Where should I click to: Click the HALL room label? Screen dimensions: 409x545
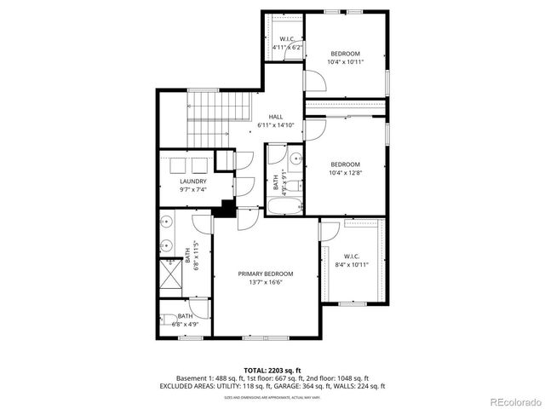[276, 117]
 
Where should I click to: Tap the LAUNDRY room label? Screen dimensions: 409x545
[192, 181]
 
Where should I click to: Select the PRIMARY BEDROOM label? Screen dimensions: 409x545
[266, 274]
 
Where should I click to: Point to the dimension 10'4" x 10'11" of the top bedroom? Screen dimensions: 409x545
[345, 62]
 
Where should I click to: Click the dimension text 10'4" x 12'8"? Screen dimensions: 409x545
[345, 173]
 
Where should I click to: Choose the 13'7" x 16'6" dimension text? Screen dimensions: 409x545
[266, 282]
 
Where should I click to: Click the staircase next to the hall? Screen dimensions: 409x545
[216, 118]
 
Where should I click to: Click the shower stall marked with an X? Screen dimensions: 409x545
[172, 275]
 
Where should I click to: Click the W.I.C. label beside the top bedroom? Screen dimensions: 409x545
[287, 39]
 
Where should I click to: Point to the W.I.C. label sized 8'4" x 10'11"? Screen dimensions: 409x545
[353, 256]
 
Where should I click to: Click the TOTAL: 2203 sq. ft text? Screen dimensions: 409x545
[272, 370]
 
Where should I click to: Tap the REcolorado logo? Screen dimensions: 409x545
[513, 401]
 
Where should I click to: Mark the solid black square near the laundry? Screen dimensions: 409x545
[227, 207]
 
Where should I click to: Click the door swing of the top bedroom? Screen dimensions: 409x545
[314, 81]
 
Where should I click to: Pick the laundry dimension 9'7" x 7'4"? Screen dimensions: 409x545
[192, 190]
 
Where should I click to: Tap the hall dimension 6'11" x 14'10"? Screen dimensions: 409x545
[276, 125]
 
